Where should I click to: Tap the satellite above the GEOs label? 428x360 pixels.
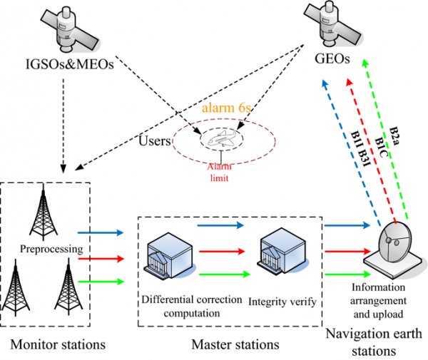click(x=333, y=24)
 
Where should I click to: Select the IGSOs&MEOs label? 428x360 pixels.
click(x=70, y=64)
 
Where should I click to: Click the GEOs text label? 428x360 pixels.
click(x=332, y=58)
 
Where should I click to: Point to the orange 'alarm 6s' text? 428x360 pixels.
click(x=226, y=108)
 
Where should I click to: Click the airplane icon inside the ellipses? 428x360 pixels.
click(x=221, y=138)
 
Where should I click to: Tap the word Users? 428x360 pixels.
click(x=155, y=141)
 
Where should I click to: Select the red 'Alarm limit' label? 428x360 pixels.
click(x=220, y=173)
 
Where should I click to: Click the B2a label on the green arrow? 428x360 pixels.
click(x=394, y=136)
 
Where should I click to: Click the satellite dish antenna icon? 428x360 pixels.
click(x=394, y=250)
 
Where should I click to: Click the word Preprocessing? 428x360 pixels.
click(x=51, y=249)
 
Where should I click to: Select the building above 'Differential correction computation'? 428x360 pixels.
click(x=170, y=255)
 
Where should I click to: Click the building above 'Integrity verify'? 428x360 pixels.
click(x=282, y=251)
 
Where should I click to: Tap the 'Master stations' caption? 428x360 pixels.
click(x=235, y=344)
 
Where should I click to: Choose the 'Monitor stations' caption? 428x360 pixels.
click(x=58, y=344)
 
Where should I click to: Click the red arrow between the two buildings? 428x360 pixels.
click(x=222, y=251)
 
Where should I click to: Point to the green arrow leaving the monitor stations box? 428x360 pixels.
click(x=101, y=281)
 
